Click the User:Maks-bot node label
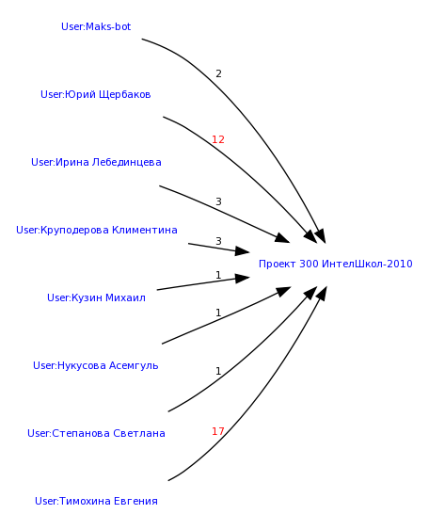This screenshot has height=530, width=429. tap(96, 26)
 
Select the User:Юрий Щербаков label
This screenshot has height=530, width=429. tap(96, 94)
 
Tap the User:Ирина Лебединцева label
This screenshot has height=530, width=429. tap(96, 162)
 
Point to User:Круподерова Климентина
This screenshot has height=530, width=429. tap(97, 230)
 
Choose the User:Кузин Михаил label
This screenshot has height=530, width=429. tap(96, 297)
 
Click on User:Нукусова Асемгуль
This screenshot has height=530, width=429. tap(96, 365)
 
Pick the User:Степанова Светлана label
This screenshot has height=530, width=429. tap(96, 433)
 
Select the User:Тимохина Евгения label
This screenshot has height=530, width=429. tap(96, 501)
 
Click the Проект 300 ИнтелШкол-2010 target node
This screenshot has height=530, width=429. tap(336, 264)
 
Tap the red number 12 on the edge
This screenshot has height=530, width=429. tap(218, 139)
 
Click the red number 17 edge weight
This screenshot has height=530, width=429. tap(218, 431)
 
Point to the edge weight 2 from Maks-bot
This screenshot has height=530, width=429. tap(218, 73)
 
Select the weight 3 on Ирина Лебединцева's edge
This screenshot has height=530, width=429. tap(218, 201)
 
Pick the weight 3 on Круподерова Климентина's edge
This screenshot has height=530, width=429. tap(218, 241)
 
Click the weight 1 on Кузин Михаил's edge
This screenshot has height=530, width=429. tap(218, 275)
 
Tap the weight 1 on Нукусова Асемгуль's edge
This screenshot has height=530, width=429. tap(218, 313)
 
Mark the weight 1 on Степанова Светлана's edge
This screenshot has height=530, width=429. tap(218, 371)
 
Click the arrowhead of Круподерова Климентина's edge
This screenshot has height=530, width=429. tap(243, 251)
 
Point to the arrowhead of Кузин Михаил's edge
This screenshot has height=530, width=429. tap(243, 279)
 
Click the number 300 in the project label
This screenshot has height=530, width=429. tap(309, 264)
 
